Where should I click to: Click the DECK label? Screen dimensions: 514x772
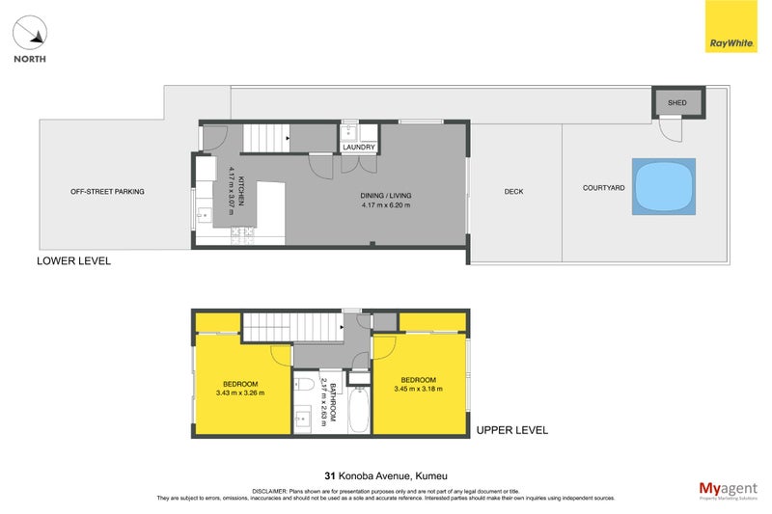(x=514, y=192)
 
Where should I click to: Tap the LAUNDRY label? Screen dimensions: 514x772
(x=359, y=147)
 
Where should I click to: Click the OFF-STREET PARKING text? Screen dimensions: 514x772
(x=107, y=192)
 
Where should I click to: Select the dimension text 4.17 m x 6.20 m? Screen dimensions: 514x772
(x=386, y=205)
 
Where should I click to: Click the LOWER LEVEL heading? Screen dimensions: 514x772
(x=73, y=261)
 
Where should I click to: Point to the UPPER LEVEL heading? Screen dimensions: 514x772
(x=511, y=430)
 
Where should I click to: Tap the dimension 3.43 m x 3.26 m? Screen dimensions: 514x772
(x=240, y=392)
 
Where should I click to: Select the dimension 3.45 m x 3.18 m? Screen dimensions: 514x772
(x=418, y=389)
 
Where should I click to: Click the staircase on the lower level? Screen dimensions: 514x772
(x=264, y=138)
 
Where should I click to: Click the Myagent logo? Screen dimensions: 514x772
(x=729, y=489)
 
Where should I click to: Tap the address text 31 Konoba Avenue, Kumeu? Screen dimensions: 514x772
(x=385, y=474)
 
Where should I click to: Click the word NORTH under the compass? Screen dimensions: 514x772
(x=31, y=59)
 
